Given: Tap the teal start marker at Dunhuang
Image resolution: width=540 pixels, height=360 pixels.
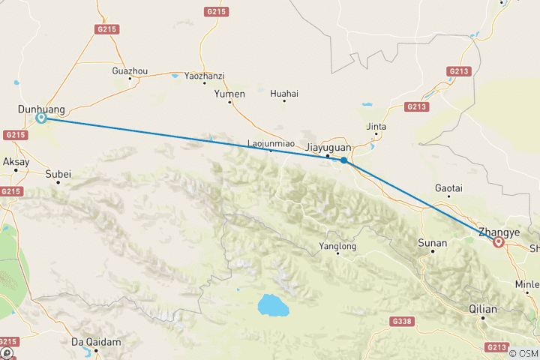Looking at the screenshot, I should [42, 118].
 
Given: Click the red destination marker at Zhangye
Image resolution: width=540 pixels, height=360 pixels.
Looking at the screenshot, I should [498, 241].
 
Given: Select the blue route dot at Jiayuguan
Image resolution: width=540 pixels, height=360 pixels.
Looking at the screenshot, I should [343, 160].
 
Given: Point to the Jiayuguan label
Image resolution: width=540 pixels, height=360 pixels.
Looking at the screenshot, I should [330, 148].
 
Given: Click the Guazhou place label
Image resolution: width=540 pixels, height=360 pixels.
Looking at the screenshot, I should [130, 71].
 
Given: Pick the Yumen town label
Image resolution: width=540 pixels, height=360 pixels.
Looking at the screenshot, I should [229, 94].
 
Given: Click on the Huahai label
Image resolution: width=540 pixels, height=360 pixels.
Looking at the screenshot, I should [284, 94].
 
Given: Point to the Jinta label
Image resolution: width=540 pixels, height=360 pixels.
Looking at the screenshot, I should [376, 127].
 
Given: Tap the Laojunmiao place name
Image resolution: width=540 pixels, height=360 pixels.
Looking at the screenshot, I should [270, 142].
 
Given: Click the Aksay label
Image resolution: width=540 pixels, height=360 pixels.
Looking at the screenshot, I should [16, 161].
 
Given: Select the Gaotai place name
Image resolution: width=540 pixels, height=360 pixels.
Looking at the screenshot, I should [448, 187].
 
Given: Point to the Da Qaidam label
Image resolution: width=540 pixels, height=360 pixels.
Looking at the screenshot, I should [96, 342].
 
